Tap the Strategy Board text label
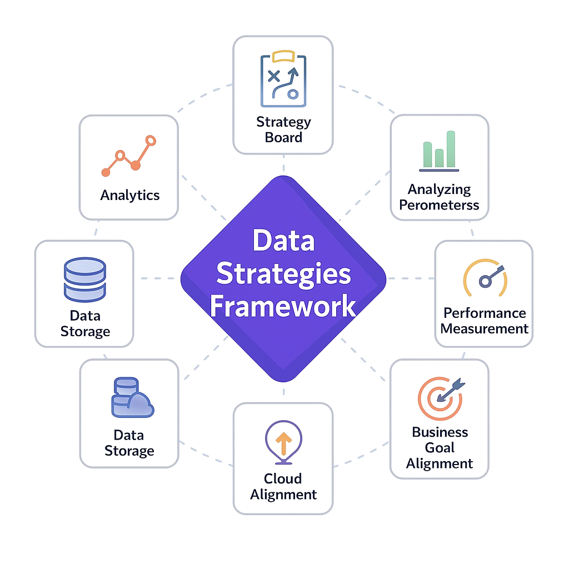point(283,129)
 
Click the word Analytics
point(130,195)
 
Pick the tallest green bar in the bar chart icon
point(450,148)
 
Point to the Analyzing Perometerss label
point(440,197)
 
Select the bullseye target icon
point(440,397)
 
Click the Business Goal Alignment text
point(440,447)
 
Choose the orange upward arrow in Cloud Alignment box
point(284,443)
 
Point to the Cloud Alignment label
point(283,486)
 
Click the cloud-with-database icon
point(132,397)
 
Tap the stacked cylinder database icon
point(84,278)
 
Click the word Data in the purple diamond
point(283,241)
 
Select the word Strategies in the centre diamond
point(283,273)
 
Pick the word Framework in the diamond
point(283,306)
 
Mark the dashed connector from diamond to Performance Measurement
point(410,278)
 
